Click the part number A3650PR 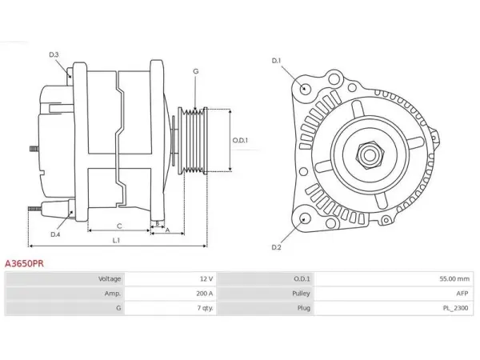(24, 263)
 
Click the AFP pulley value (462, 294)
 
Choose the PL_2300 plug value (455, 308)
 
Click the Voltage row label (110, 279)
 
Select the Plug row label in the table (304, 308)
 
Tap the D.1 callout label (276, 61)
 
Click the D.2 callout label (276, 247)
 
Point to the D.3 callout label (54, 54)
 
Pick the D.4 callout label (55, 234)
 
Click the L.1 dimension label (116, 241)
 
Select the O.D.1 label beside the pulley (240, 140)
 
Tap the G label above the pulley (196, 71)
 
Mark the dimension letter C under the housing (119, 226)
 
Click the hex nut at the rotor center (370, 155)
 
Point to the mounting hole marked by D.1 (304, 89)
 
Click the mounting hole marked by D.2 (305, 219)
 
